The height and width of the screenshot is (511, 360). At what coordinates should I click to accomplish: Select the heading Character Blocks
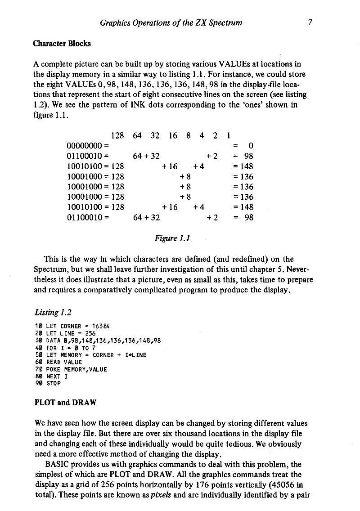pyautogui.click(x=62, y=44)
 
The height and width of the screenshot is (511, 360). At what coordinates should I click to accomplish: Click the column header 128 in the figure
pyautogui.click(x=117, y=135)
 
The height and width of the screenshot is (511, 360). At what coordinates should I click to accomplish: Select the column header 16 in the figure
pyautogui.click(x=173, y=135)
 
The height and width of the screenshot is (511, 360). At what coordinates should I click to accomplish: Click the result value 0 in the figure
pyautogui.click(x=251, y=145)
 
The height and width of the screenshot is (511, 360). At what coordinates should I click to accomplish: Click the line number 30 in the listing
pyautogui.click(x=38, y=341)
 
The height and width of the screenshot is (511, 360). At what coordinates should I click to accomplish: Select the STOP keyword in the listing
pyautogui.click(x=53, y=384)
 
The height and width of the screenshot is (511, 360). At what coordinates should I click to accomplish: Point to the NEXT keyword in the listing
pyautogui.click(x=53, y=377)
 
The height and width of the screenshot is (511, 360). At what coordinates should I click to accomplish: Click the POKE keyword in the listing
pyautogui.click(x=53, y=369)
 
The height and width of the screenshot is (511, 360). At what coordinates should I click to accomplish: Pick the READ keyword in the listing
pyautogui.click(x=53, y=362)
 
